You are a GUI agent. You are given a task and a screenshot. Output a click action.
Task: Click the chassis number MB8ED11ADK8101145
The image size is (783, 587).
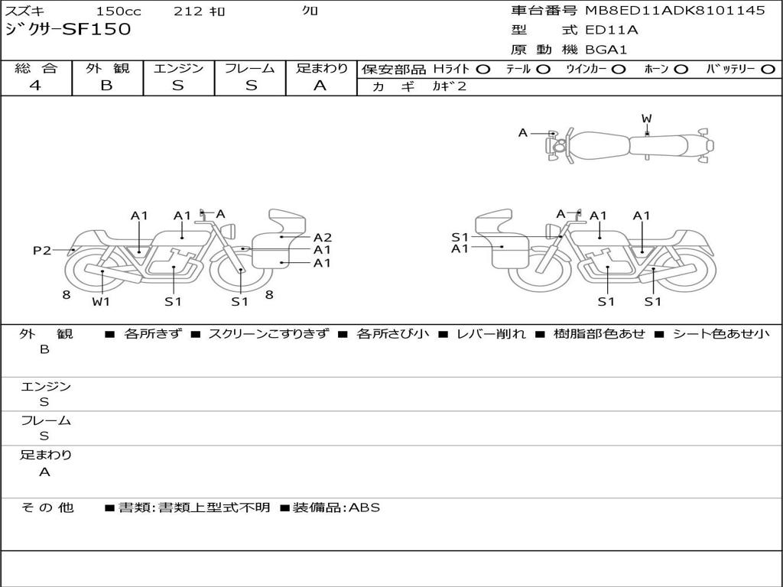click(x=675, y=10)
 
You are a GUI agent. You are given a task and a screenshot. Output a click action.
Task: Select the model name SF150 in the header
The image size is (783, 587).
click(x=97, y=29)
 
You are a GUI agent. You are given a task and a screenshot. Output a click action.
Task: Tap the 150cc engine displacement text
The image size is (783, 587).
click(x=119, y=11)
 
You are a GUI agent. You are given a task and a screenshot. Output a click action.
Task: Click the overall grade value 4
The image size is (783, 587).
click(x=35, y=86)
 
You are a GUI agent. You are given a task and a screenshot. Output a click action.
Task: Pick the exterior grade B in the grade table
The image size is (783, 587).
click(x=106, y=86)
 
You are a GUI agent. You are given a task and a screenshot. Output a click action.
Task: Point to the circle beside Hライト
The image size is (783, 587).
click(x=482, y=70)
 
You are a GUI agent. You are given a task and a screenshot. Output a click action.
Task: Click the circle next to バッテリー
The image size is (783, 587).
click(x=768, y=70)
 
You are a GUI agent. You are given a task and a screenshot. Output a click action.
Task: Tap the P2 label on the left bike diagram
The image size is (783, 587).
click(x=42, y=250)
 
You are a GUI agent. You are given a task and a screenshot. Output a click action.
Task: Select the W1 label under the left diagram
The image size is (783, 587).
click(x=101, y=301)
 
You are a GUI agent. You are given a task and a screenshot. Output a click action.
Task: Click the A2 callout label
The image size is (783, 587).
click(x=322, y=238)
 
